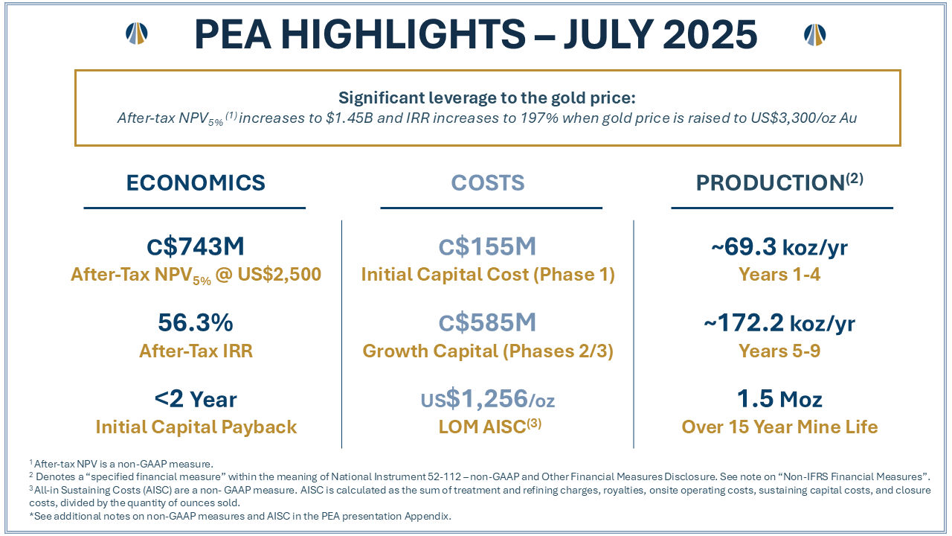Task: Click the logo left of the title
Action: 137,33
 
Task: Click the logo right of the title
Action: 815,33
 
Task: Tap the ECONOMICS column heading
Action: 196,183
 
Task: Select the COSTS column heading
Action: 488,183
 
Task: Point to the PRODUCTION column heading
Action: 779,183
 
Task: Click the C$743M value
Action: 196,247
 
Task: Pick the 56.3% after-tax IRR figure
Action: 196,323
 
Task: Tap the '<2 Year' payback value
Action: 196,400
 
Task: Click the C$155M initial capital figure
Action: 488,247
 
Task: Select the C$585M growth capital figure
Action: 488,323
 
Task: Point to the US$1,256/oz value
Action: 488,400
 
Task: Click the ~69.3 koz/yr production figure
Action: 779,247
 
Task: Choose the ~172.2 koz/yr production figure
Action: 779,323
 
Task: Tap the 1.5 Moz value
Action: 779,400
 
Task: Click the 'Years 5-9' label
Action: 779,351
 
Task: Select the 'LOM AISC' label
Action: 488,427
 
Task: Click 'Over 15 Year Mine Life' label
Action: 779,427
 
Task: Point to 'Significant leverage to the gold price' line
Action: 487,98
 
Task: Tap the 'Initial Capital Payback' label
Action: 196,427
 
